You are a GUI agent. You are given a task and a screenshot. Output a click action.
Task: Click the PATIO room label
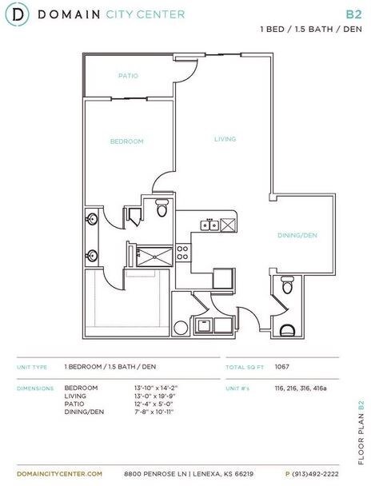click(x=128, y=76)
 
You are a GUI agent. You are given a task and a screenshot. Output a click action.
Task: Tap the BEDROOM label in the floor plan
click(x=127, y=141)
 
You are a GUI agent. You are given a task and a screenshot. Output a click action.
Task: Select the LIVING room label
click(x=225, y=139)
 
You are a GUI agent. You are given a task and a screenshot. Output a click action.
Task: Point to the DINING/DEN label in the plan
click(x=297, y=235)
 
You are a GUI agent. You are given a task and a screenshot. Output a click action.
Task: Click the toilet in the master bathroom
click(x=162, y=208)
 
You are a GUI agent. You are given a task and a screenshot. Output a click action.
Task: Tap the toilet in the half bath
click(x=287, y=285)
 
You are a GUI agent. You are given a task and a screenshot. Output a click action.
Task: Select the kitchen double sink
click(x=209, y=225)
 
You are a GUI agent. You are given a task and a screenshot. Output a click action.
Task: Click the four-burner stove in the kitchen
click(x=183, y=253)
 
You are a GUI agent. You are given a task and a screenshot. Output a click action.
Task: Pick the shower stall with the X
click(x=154, y=257)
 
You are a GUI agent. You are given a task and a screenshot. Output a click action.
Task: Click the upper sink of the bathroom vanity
click(x=92, y=219)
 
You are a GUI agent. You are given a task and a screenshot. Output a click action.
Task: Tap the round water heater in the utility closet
click(x=181, y=328)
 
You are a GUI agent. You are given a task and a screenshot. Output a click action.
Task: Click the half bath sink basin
click(x=287, y=330)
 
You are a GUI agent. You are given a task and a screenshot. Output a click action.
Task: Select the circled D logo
click(x=18, y=14)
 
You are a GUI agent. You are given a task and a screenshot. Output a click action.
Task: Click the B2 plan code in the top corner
click(x=353, y=14)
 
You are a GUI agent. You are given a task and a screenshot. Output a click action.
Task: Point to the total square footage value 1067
click(x=281, y=367)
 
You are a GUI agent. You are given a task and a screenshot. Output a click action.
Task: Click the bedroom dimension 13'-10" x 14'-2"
click(x=156, y=388)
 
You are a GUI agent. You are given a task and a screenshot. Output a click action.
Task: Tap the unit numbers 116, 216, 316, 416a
click(x=301, y=388)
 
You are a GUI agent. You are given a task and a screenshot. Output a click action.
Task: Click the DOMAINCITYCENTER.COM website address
click(x=59, y=474)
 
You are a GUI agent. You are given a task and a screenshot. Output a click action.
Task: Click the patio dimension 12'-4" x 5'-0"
click(x=154, y=404)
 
